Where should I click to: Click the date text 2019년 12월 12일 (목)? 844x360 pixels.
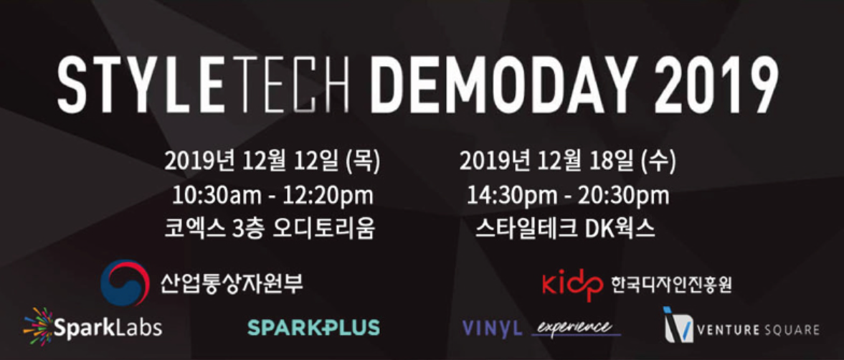pos(272,161)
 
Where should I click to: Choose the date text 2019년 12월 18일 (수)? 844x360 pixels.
pos(567,161)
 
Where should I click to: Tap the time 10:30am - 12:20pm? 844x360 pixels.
pos(272,196)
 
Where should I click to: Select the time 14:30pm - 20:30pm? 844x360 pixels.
pos(568,196)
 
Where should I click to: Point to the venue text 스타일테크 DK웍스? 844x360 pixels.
pos(565,229)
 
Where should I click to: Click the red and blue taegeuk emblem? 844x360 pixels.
pos(125,283)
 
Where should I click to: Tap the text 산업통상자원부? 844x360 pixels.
pos(232,283)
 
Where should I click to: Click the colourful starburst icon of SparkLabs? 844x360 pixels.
pos(39,326)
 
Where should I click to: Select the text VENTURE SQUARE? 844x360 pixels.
pos(758,329)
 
